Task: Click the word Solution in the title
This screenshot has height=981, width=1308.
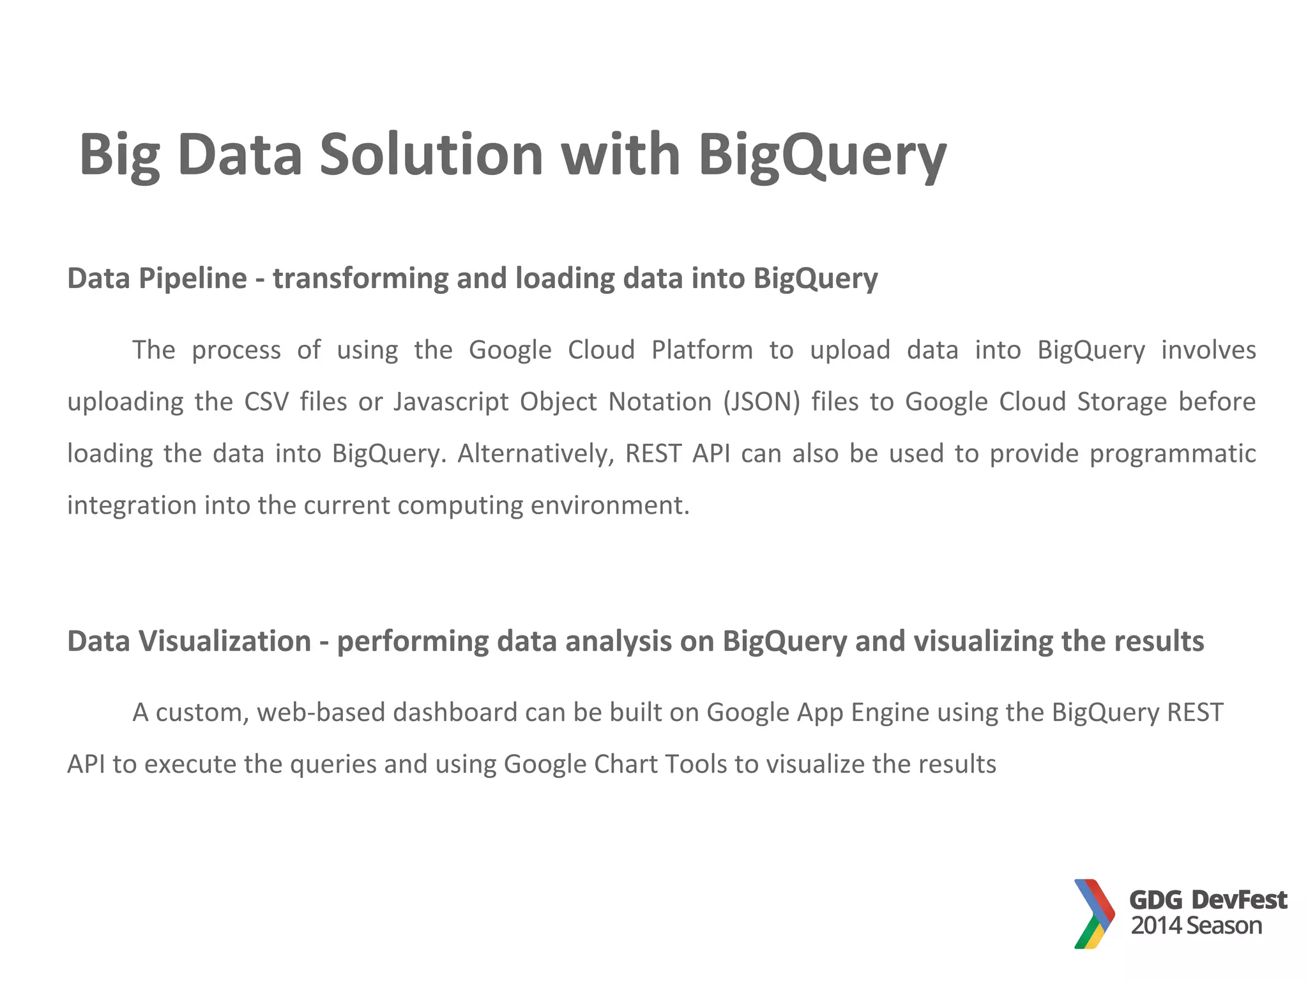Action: coord(431,155)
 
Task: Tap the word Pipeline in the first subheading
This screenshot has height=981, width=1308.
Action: coord(194,278)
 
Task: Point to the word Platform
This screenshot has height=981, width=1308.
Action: coord(702,350)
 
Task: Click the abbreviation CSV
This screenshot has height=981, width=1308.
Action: coord(266,402)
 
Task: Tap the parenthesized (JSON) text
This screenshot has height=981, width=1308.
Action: coord(761,402)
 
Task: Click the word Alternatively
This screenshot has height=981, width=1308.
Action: coord(535,453)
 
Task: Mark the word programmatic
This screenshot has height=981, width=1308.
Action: coord(1173,453)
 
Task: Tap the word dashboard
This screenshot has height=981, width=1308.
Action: coord(455,712)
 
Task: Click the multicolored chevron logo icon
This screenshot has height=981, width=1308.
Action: coord(1094,913)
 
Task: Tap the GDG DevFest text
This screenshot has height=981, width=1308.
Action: coord(1208,900)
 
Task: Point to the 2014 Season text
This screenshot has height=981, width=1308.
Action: coord(1196,925)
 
